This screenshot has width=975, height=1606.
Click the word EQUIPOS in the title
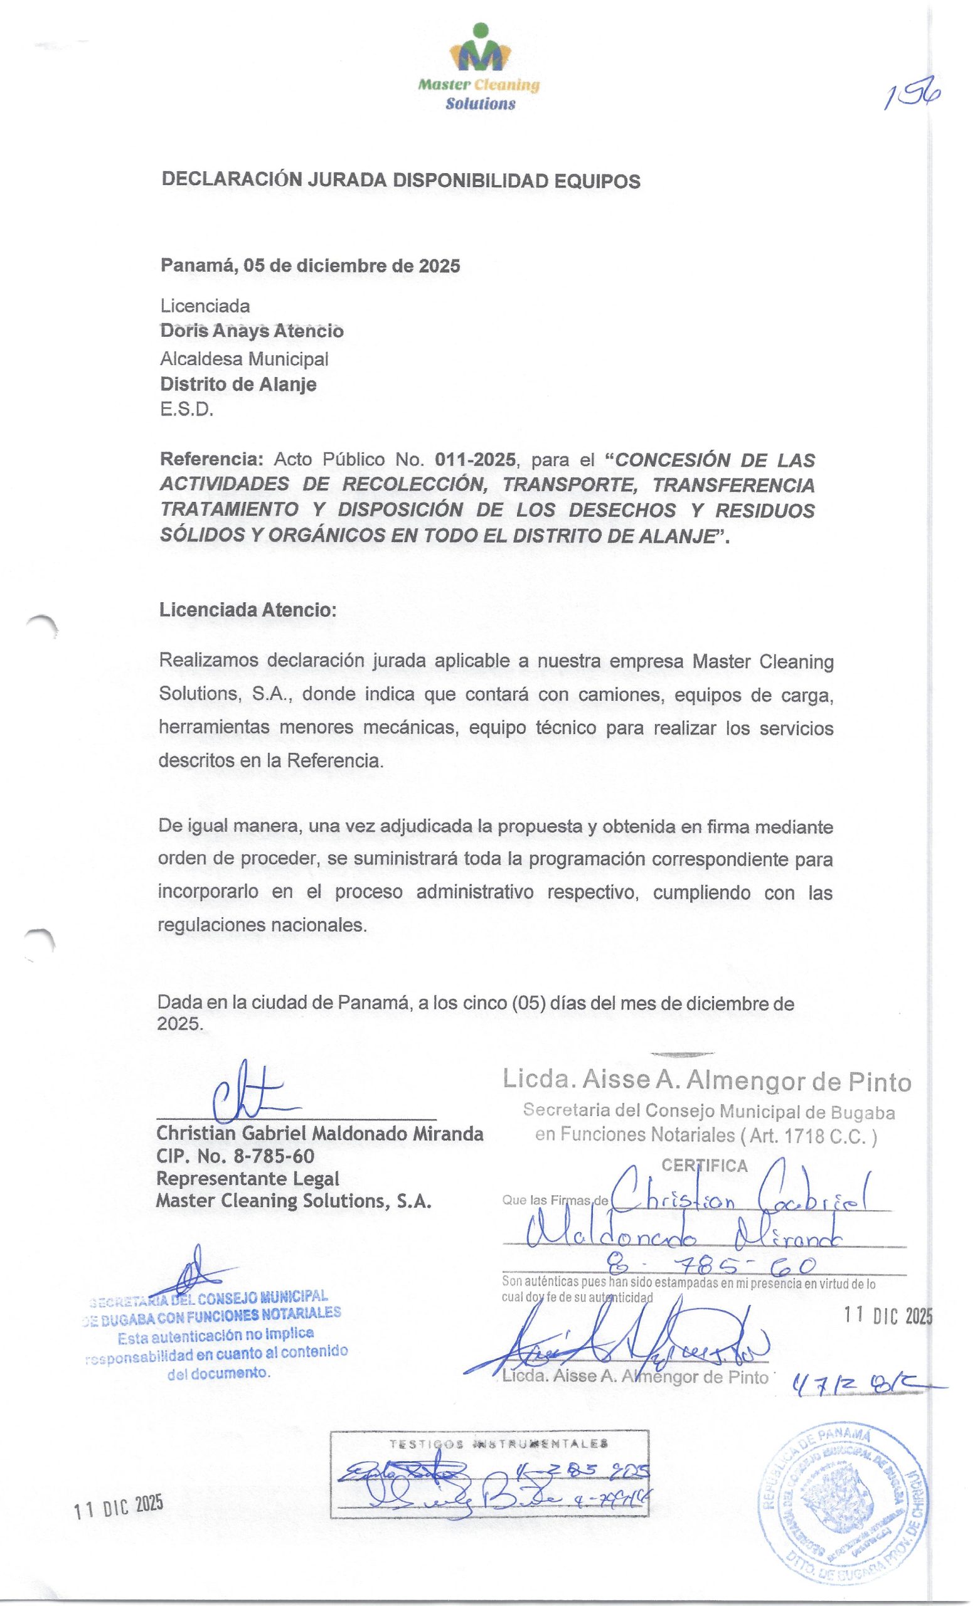pos(595,181)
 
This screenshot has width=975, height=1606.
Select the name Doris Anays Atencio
pos(252,331)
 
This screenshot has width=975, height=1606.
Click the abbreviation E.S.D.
pos(186,411)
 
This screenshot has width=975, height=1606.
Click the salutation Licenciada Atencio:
pos(248,611)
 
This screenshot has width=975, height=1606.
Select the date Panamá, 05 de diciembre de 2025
pos(310,266)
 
